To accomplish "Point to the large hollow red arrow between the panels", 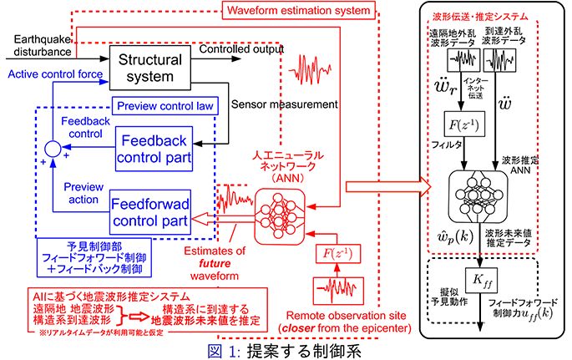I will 381,184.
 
